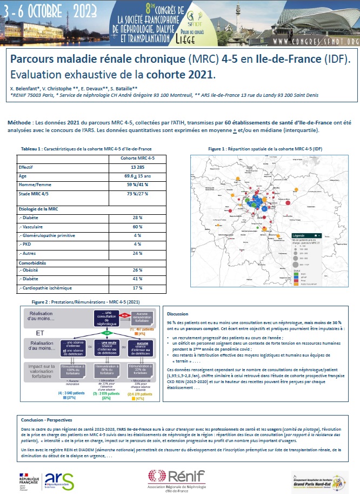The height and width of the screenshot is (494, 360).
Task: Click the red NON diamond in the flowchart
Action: click(124, 314)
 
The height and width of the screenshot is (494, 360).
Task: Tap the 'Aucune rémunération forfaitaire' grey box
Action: click(142, 318)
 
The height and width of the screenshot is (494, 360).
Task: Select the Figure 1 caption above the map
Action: click(265, 148)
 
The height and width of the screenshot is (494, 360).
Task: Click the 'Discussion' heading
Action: click(178, 314)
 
